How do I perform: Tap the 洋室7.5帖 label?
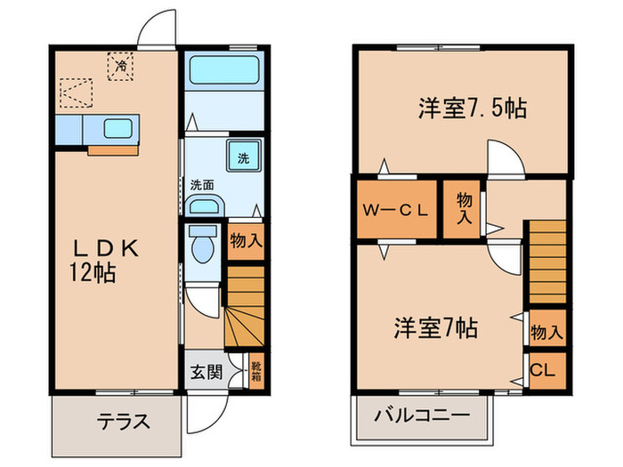pos(473,109)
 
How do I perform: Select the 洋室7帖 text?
pos(436,328)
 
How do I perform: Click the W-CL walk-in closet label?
pos(396,211)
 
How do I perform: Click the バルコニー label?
pos(421,415)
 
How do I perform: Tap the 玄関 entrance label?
pos(204,370)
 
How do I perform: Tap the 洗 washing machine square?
pos(242,158)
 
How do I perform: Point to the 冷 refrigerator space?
pos(118,66)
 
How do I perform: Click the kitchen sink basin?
pos(117,128)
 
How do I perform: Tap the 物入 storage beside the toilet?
pos(246,241)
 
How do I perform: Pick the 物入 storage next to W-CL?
pos(463,208)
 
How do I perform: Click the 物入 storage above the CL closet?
pos(546,332)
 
